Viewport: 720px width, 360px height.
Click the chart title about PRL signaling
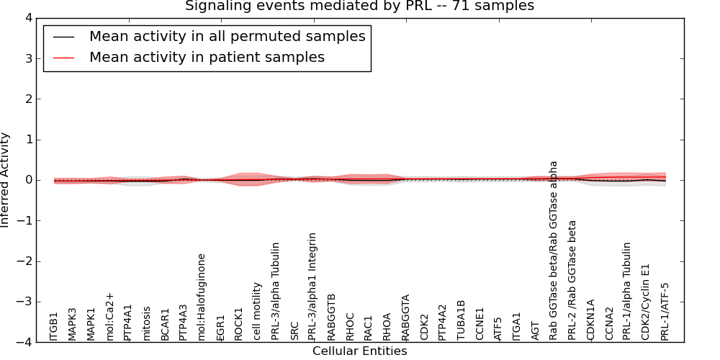(359, 6)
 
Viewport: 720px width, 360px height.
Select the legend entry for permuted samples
(227, 36)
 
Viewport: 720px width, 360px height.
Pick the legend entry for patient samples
(207, 57)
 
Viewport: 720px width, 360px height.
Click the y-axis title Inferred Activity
(6, 180)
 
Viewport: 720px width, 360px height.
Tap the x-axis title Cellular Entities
(359, 351)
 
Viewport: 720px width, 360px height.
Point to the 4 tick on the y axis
(32, 18)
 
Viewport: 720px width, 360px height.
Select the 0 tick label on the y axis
(32, 180)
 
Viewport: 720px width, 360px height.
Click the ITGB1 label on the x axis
(54, 326)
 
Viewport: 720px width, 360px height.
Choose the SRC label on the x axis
(295, 330)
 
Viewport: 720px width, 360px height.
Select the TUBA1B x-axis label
(462, 320)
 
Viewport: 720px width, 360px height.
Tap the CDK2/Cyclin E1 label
(647, 302)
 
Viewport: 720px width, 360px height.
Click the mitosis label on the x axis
(147, 323)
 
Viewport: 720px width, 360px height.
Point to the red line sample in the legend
(63, 57)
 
